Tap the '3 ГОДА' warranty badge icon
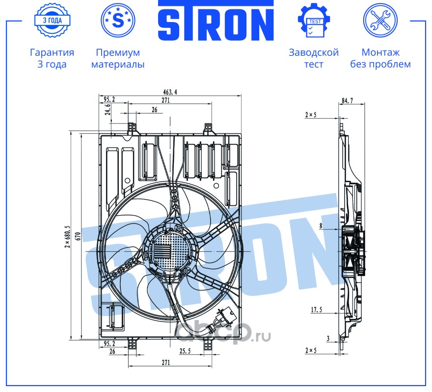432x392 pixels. tap(53, 20)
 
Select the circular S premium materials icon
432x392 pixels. tap(118, 20)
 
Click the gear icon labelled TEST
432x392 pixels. tap(314, 20)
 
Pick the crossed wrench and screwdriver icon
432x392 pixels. tap(380, 20)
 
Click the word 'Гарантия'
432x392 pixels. tap(52, 52)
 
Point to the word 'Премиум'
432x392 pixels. tap(118, 52)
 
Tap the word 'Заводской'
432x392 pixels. tap(314, 52)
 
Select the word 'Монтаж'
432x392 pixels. tap(380, 52)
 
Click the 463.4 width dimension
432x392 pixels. tap(170, 92)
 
